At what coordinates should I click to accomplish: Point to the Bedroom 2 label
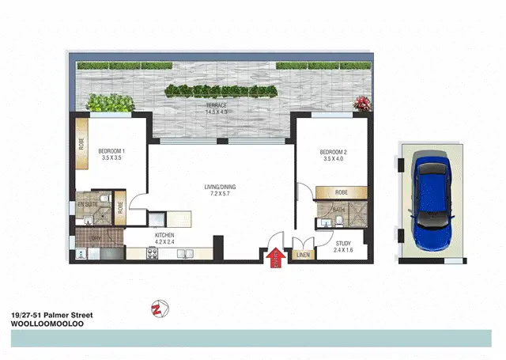335,155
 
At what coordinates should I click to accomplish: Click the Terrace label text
217,108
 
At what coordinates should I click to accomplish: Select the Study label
342,246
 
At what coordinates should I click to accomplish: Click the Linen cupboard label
303,255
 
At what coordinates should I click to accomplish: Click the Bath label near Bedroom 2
338,210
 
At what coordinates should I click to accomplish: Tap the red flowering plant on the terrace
363,103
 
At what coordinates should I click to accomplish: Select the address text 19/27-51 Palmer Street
51,315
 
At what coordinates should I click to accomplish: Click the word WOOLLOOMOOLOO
48,324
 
